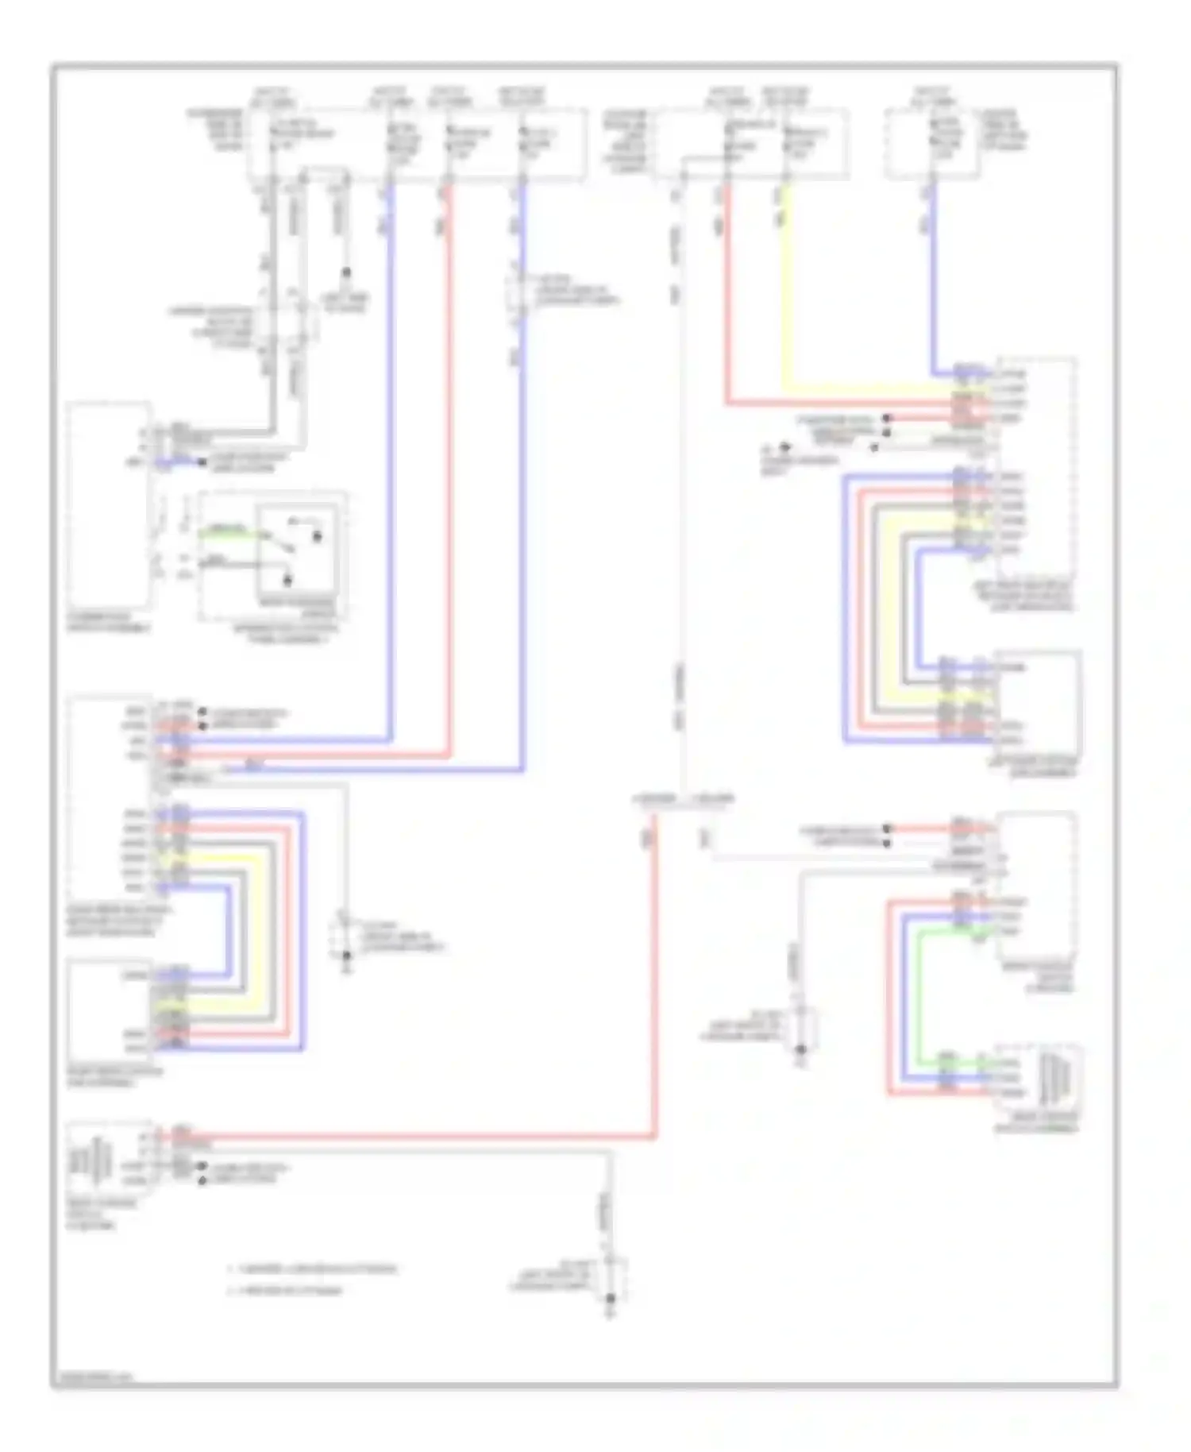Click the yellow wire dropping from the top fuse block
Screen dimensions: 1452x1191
[784, 302]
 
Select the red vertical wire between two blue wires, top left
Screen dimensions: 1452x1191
[449, 477]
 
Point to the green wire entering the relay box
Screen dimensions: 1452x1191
[226, 531]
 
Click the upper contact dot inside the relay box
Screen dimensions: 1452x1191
[317, 538]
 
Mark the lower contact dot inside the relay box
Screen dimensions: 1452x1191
[287, 581]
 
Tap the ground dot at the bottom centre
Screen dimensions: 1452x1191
[611, 1299]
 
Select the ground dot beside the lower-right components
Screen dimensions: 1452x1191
[801, 1050]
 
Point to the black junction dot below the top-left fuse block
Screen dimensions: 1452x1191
[345, 272]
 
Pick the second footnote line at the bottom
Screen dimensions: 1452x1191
[286, 1290]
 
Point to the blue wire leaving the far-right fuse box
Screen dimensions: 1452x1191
[933, 278]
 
